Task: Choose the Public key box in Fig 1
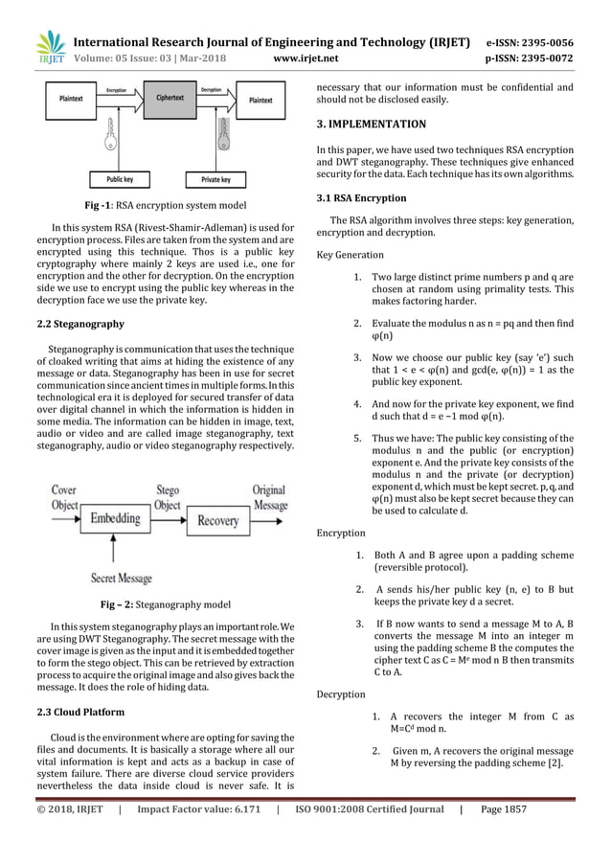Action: (x=114, y=178)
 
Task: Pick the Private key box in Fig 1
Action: (x=216, y=178)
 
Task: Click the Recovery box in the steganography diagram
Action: (x=217, y=521)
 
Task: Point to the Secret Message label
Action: (x=122, y=578)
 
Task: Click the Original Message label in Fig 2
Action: (x=269, y=496)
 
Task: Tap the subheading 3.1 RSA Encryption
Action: (x=360, y=198)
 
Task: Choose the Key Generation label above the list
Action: (x=350, y=255)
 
